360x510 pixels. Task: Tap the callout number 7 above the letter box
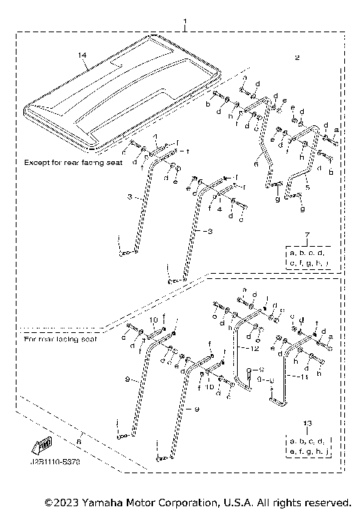307,238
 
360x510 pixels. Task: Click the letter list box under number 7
307,258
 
